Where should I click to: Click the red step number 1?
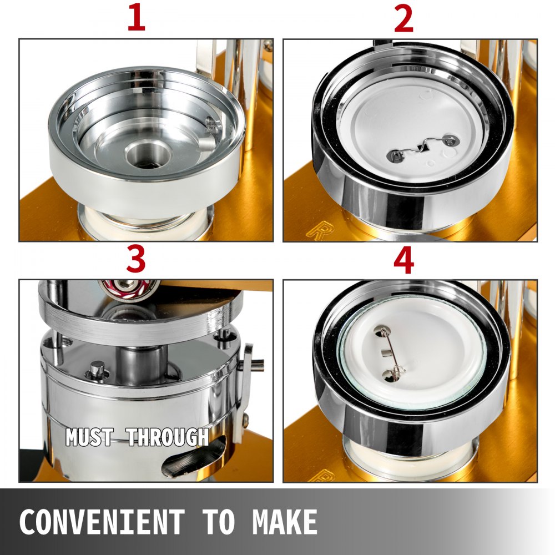point(137,18)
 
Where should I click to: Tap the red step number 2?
point(403,19)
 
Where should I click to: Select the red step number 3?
point(136,260)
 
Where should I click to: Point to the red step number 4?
point(404,261)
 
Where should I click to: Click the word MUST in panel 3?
point(89,437)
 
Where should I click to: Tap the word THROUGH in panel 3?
point(168,437)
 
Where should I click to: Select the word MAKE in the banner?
point(285,522)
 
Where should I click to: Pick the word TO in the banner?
point(218,522)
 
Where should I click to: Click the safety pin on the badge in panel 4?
point(389,353)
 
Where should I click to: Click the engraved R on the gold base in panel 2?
point(316,231)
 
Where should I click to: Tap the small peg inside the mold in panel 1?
point(206,143)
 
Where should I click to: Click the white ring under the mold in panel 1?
point(145,221)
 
